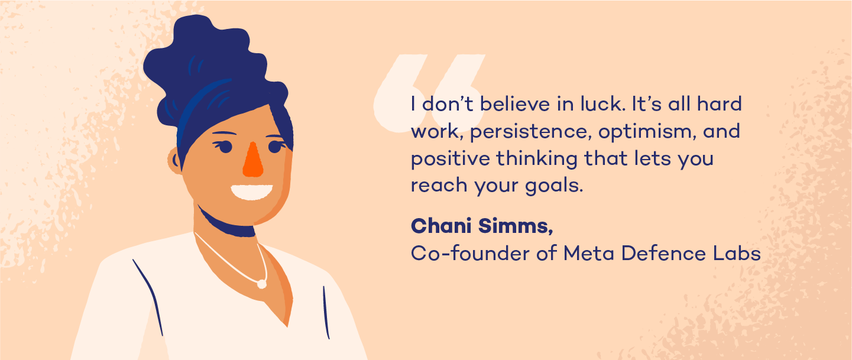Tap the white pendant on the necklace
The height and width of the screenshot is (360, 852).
pyautogui.click(x=262, y=284)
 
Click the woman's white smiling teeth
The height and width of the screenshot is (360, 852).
pyautogui.click(x=251, y=192)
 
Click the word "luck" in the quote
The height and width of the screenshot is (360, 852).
pyautogui.click(x=603, y=104)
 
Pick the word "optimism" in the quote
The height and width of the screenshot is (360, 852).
pyautogui.click(x=647, y=132)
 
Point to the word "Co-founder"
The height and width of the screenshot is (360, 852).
pyautogui.click(x=469, y=253)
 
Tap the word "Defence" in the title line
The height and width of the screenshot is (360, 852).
pyautogui.click(x=663, y=253)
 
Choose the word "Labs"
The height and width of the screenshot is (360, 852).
pyautogui.click(x=737, y=253)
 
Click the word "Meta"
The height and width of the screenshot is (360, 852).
pyautogui.click(x=588, y=253)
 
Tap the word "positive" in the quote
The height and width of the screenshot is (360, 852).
pyautogui.click(x=451, y=159)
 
